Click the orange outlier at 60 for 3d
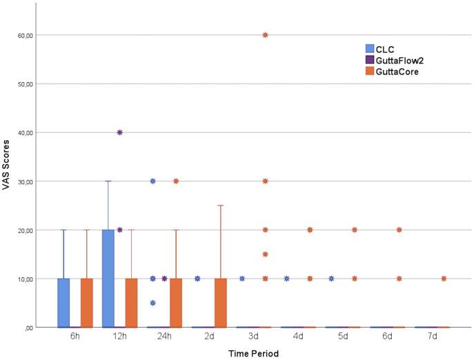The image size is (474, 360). (266, 34)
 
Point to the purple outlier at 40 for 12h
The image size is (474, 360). (119, 132)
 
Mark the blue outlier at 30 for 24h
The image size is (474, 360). (153, 181)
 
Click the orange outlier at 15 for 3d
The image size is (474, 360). (266, 254)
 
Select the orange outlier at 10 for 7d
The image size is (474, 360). (444, 279)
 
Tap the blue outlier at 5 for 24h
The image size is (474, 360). (153, 303)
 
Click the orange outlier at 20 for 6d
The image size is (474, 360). (399, 230)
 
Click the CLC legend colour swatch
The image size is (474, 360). (370, 49)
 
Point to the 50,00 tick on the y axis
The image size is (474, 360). (23, 83)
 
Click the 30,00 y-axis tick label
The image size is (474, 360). (23, 181)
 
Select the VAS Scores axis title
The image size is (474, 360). (8, 181)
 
